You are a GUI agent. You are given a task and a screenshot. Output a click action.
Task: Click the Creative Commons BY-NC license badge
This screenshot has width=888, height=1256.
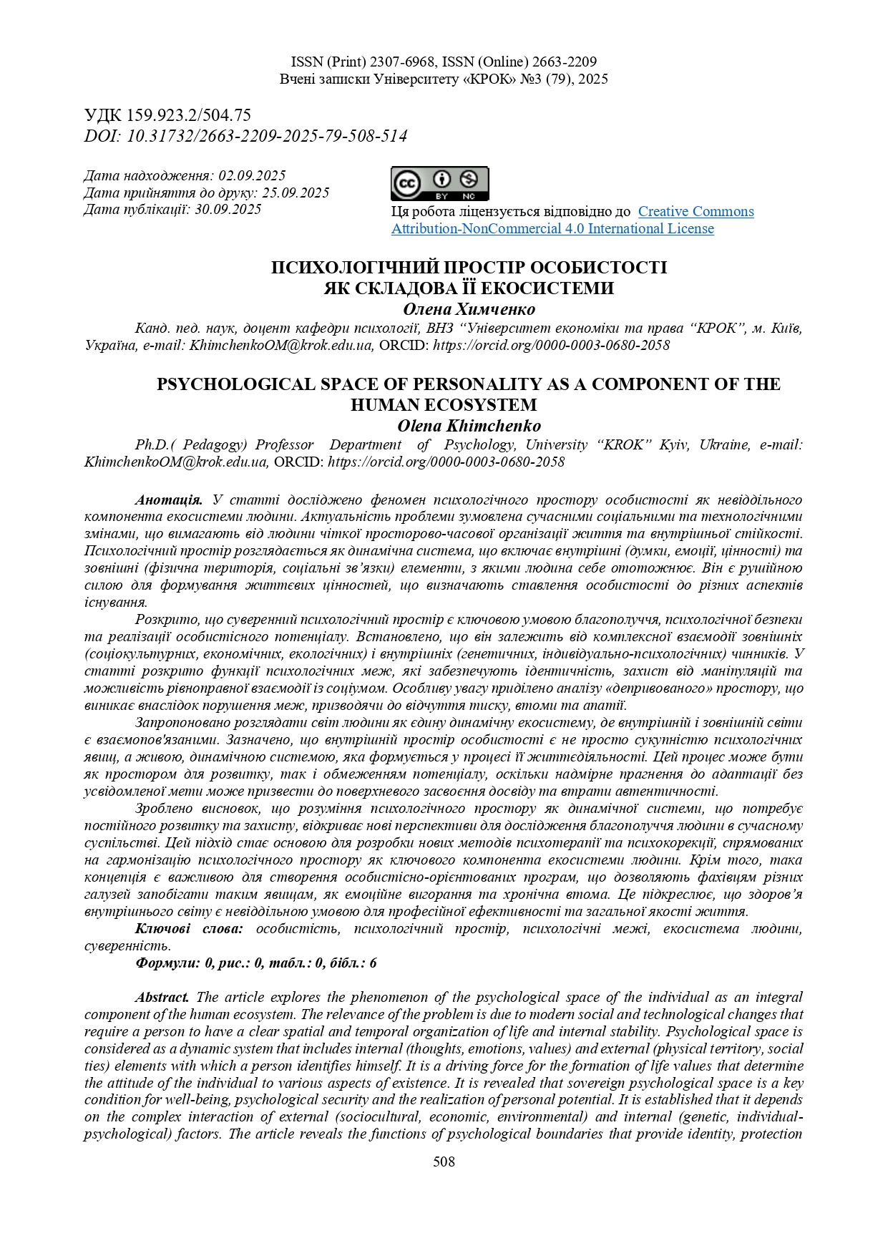tap(439, 183)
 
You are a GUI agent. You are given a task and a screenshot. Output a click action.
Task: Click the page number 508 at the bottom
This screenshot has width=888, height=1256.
tap(444, 1162)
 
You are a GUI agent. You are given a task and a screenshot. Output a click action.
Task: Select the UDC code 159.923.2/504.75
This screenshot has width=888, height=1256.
tap(188, 115)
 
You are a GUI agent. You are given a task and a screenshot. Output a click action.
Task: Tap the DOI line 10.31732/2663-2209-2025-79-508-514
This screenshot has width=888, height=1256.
tap(266, 136)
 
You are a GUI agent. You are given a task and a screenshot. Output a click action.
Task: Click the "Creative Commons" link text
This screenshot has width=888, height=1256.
tap(696, 211)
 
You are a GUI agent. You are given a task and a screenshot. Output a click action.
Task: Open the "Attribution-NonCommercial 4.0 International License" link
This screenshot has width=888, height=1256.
tap(552, 228)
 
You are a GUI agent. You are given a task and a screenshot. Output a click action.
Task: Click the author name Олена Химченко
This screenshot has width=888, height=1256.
tap(469, 309)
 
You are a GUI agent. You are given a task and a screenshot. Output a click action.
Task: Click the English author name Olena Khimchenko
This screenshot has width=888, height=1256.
tap(469, 426)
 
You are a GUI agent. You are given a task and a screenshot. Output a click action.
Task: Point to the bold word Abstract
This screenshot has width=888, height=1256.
tap(162, 997)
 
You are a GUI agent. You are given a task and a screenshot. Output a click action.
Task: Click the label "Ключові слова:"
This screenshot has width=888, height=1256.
tap(189, 929)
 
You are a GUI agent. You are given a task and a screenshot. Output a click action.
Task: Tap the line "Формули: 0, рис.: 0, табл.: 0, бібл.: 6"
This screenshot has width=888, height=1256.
tap(256, 963)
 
